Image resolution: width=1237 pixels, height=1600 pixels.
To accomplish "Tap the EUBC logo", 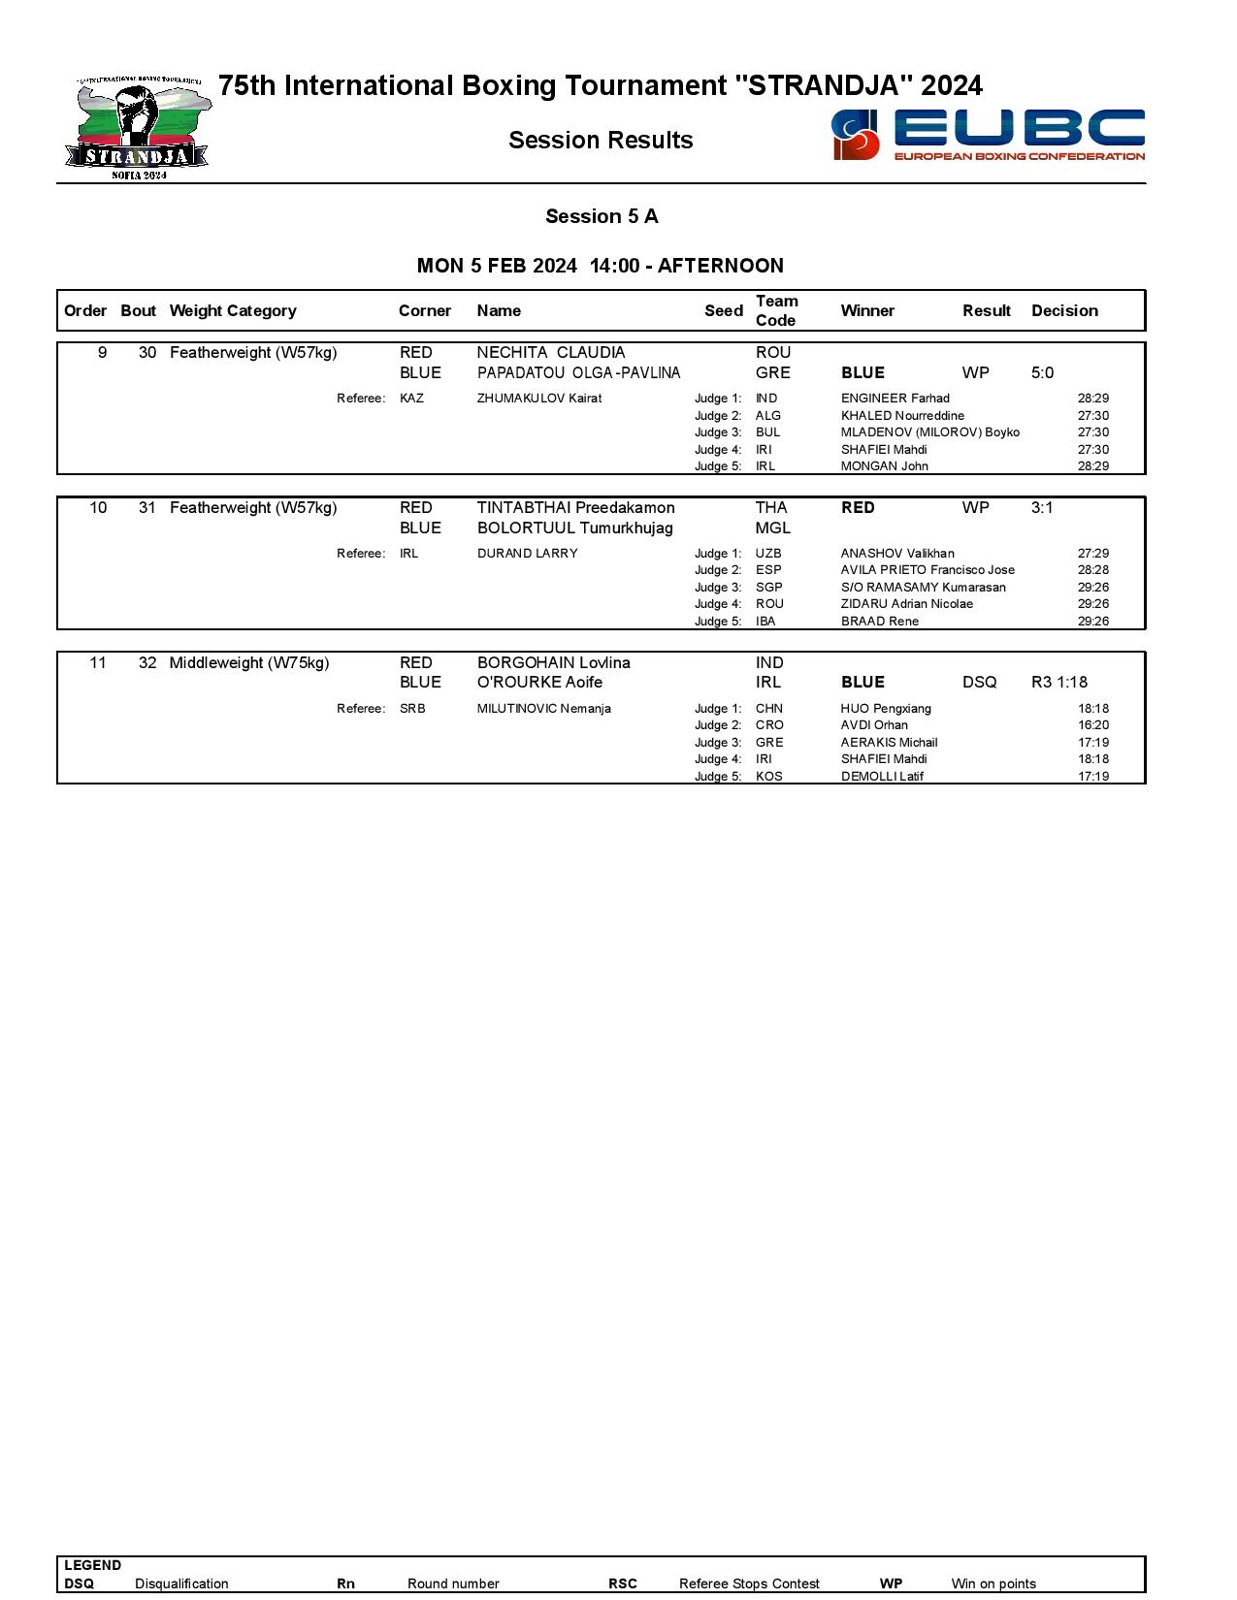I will click(x=988, y=135).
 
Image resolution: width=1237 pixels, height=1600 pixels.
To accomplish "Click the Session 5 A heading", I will click(x=602, y=216).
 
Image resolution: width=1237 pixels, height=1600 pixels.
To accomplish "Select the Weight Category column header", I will click(x=233, y=310).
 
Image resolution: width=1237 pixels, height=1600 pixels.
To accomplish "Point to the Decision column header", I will click(x=1064, y=310).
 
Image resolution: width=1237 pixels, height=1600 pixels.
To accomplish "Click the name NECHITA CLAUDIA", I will click(x=551, y=352).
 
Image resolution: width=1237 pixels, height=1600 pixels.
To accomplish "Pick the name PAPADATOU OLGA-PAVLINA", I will click(x=578, y=372).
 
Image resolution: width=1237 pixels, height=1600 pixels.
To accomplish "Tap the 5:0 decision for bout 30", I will click(x=1042, y=372).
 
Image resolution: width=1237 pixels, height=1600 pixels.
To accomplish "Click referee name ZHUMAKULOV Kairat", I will click(x=538, y=399).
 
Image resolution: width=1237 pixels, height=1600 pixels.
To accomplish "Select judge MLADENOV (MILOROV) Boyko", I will click(x=929, y=432).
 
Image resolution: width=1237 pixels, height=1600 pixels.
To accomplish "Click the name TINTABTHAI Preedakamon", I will click(x=575, y=507).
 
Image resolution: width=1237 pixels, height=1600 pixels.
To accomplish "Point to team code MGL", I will click(x=772, y=528).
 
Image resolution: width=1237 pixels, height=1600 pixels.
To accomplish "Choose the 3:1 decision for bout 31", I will click(x=1042, y=507).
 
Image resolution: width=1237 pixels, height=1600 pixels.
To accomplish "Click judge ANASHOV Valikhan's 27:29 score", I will click(x=1092, y=554).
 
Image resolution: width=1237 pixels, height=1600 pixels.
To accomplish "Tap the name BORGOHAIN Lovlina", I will click(x=553, y=662).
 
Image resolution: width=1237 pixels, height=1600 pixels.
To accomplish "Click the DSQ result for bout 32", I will click(x=979, y=682).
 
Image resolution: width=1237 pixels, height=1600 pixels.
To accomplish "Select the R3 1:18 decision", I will click(x=1058, y=682).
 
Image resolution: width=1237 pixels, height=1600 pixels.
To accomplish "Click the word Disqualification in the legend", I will click(x=181, y=1584).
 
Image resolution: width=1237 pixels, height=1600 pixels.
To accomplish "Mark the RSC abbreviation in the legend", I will click(x=623, y=1584).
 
